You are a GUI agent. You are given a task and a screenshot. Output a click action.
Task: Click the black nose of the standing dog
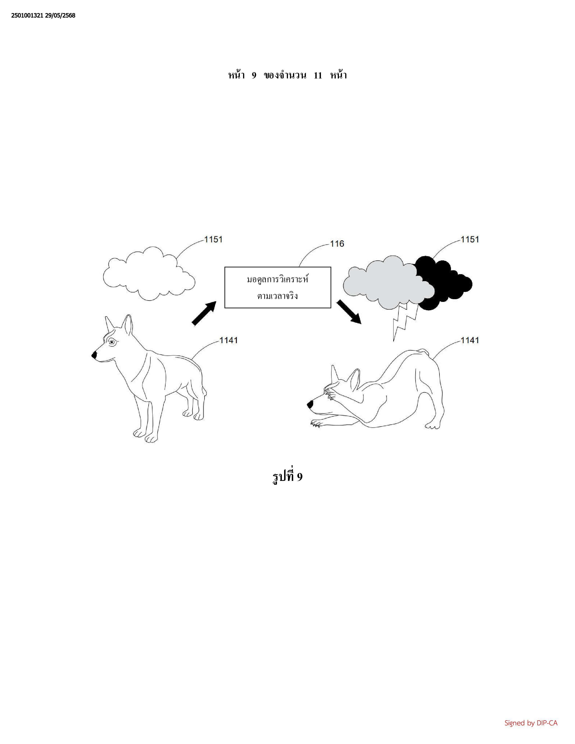coord(94,355)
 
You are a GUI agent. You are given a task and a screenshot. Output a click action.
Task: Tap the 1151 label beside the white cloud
coord(213,239)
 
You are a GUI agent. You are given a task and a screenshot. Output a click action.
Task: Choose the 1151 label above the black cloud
coord(470,239)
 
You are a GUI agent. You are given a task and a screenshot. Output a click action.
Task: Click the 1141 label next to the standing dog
coord(229,340)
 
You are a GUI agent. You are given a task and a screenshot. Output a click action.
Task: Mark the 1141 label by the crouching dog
coord(470,340)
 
